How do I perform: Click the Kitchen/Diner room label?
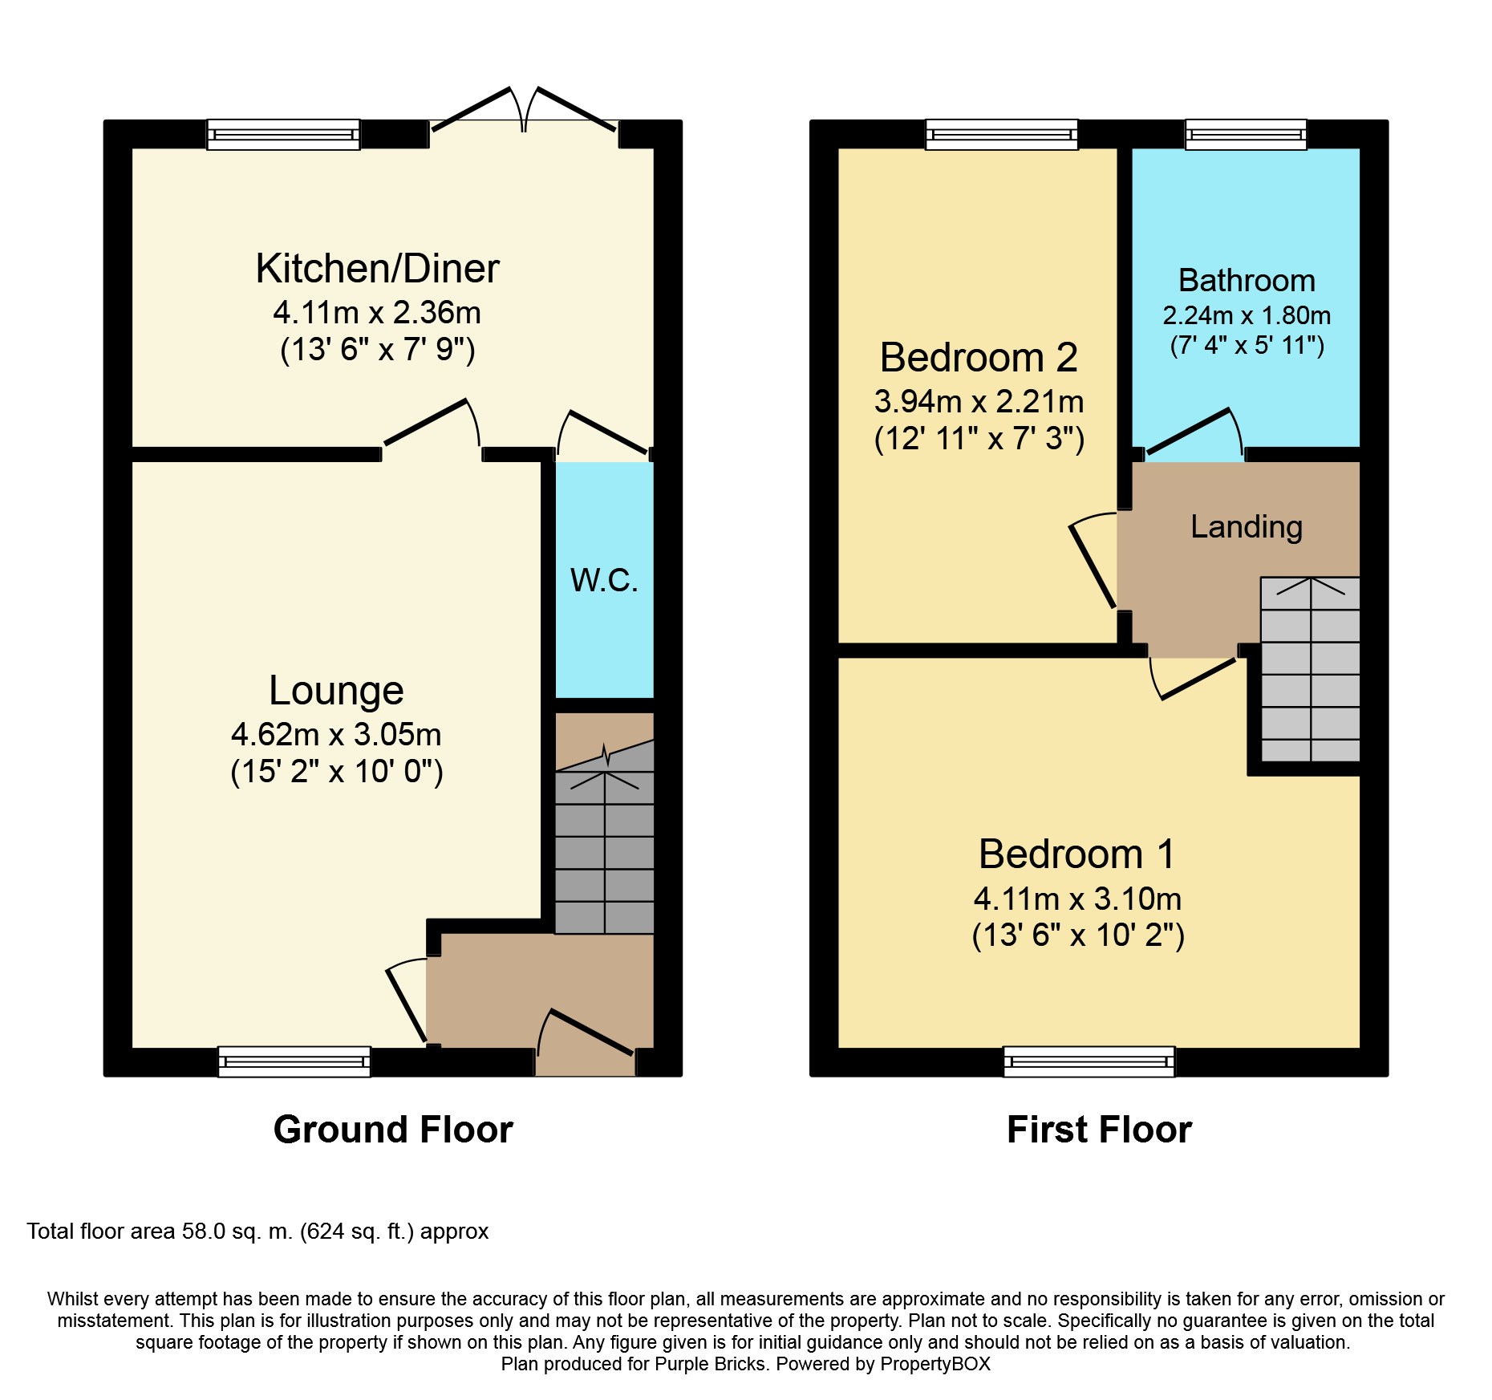click(x=377, y=269)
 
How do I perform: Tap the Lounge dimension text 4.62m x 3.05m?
click(x=336, y=734)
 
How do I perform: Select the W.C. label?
click(x=604, y=580)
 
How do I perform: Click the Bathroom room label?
click(x=1247, y=281)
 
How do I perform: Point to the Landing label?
click(x=1246, y=527)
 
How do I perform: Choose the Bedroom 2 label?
click(x=979, y=357)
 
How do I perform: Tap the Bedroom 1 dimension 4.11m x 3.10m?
click(x=1077, y=899)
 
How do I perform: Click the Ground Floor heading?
click(x=393, y=1130)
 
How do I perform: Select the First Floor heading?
click(x=1099, y=1130)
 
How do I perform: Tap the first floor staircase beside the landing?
click(x=1311, y=669)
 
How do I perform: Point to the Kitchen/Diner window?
click(x=284, y=135)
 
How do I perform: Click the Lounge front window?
click(x=294, y=1061)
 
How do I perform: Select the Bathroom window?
click(x=1246, y=135)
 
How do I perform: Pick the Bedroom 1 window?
click(x=1089, y=1061)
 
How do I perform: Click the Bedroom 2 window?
click(x=1002, y=135)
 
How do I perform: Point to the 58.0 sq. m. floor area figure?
click(x=237, y=1232)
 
